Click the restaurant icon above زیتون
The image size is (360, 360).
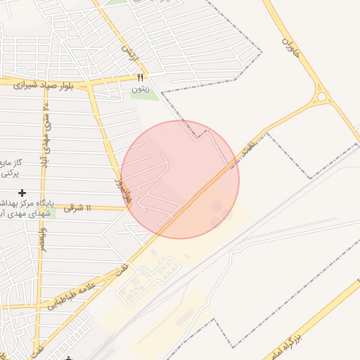point(140,77)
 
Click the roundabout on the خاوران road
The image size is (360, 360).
point(323,98)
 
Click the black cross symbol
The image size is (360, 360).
point(22,192)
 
